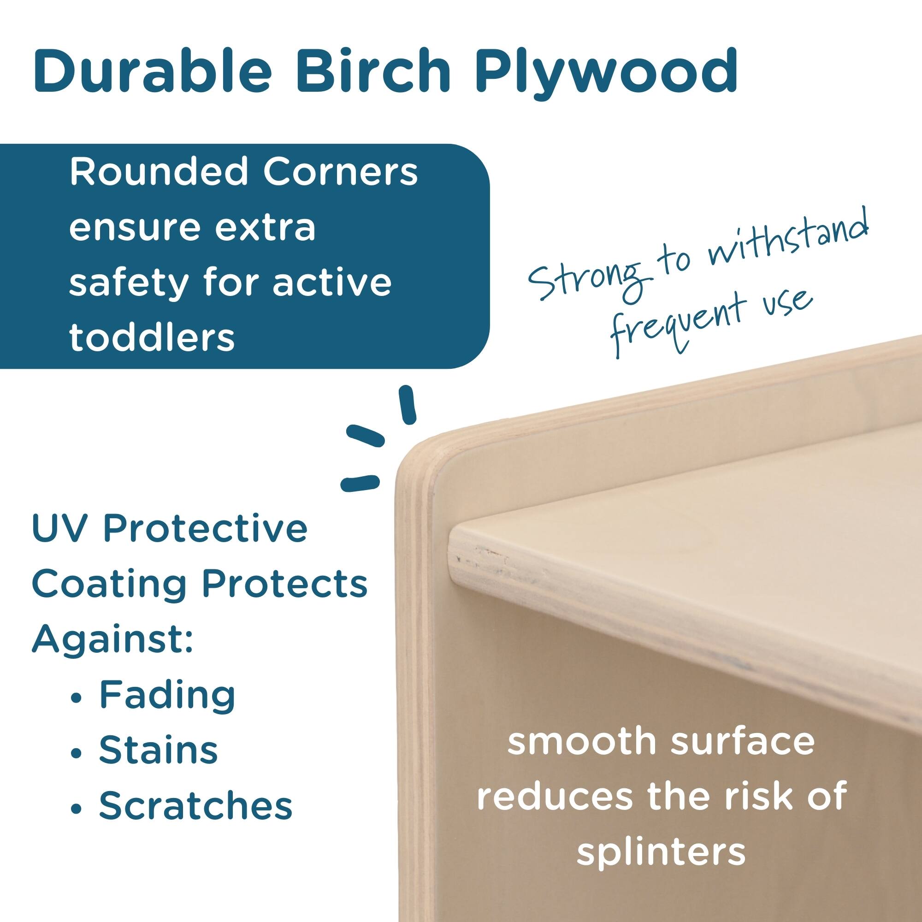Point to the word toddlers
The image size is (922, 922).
point(152,338)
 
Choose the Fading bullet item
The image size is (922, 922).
point(167,695)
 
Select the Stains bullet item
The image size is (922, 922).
point(158,750)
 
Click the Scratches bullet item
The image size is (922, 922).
point(195,805)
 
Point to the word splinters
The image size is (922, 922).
point(661,853)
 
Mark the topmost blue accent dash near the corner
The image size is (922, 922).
point(407,405)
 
